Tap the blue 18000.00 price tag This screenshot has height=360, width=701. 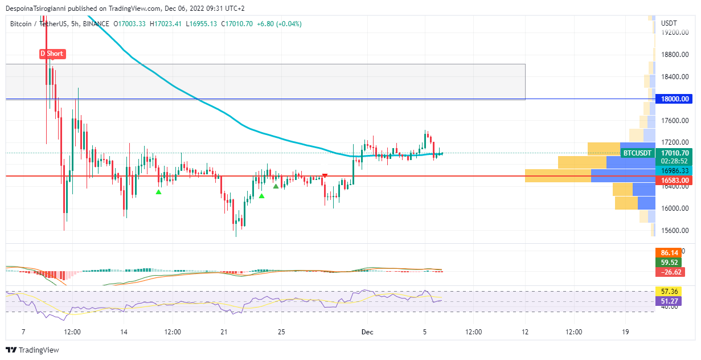[x=675, y=99]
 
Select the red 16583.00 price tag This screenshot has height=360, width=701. [x=675, y=181]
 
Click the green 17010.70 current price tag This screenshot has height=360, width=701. [x=675, y=153]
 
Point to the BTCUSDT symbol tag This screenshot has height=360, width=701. [x=637, y=153]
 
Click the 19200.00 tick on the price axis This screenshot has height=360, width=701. [x=675, y=32]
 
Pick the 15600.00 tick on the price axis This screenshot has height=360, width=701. [x=675, y=231]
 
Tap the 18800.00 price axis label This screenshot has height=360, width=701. [x=675, y=55]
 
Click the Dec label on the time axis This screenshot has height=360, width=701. [x=367, y=332]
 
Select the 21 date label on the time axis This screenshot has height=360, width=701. [x=224, y=332]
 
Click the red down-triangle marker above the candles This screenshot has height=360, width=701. [x=325, y=175]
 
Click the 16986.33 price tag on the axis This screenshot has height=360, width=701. [x=675, y=171]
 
